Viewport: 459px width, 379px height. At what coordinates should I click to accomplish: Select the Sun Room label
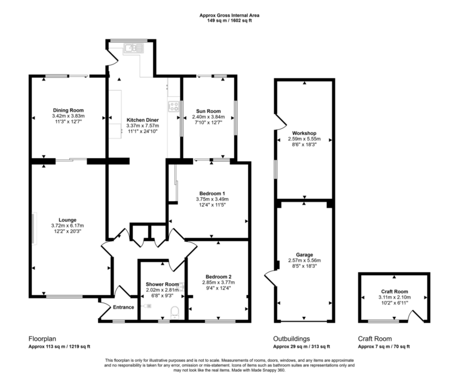pos(209,111)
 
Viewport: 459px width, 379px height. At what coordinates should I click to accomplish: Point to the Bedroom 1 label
pos(212,193)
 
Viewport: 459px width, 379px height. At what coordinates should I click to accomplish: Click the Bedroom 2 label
pos(219,277)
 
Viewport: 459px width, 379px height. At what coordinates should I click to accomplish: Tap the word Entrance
pos(124,307)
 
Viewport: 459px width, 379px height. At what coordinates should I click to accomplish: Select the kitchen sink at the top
pos(131,49)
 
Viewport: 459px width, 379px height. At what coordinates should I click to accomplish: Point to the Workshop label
pos(304,133)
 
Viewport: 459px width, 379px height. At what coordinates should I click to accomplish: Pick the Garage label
pos(304,254)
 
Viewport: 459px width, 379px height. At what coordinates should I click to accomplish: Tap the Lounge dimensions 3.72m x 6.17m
pos(68,226)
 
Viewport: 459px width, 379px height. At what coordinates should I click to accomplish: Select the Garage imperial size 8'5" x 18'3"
pos(304,266)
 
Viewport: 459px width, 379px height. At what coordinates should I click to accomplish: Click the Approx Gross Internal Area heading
pos(229,14)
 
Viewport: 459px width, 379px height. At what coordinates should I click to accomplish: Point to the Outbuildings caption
pos(292,338)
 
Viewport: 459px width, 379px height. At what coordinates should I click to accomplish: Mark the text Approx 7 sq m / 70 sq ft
pos(384,347)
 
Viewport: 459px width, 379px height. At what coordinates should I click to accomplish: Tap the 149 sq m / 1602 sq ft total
pos(229,20)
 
